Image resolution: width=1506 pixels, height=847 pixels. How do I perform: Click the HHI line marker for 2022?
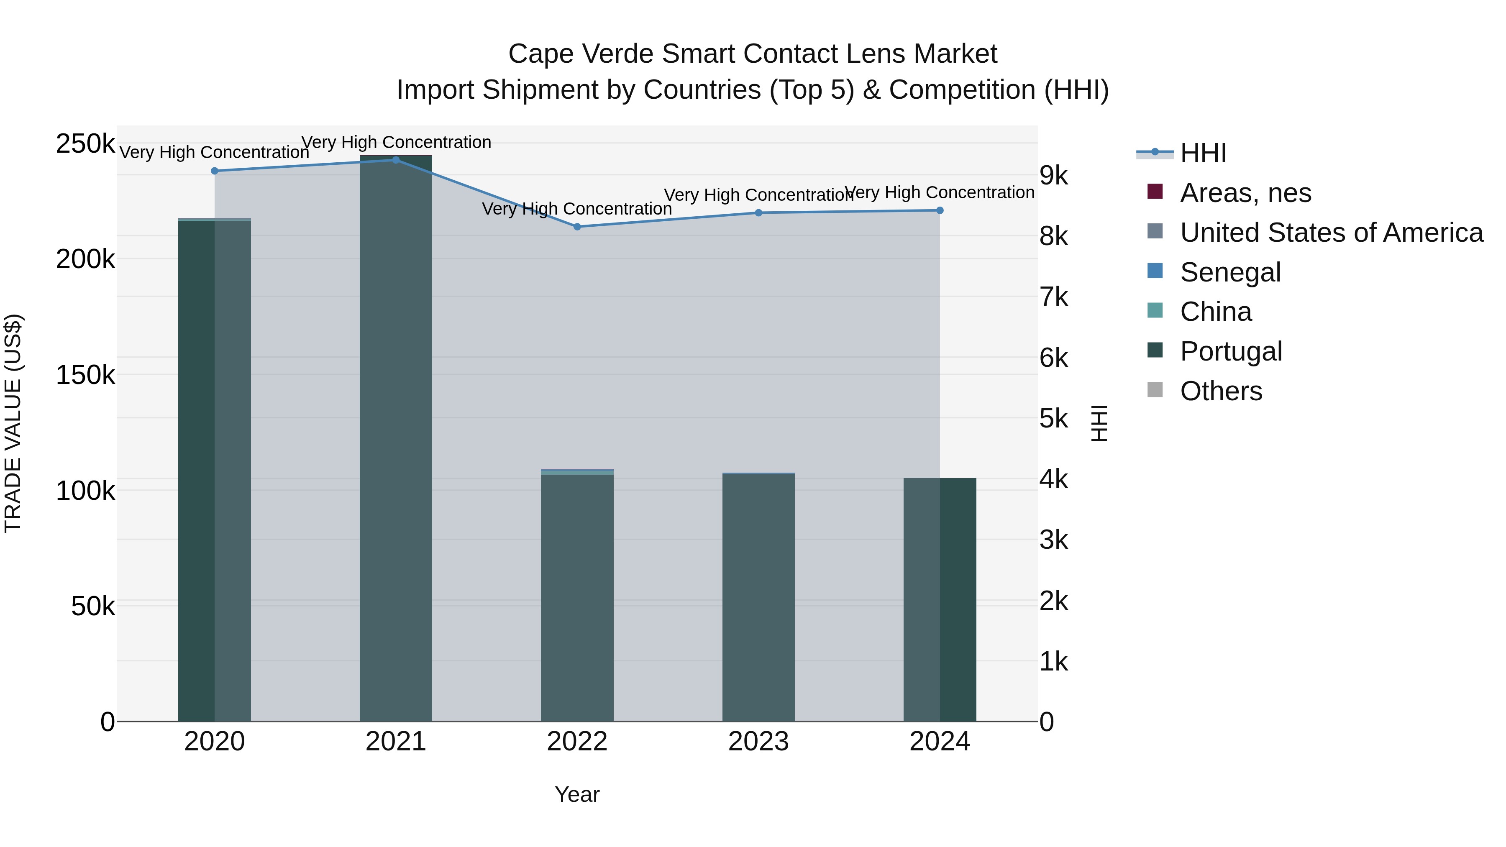coord(577,227)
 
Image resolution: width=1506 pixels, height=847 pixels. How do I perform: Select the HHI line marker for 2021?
coord(396,160)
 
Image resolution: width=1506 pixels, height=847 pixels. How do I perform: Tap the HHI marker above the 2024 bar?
coord(940,210)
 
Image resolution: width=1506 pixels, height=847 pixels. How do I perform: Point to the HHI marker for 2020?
coord(215,171)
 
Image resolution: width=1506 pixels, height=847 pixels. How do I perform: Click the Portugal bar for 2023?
coord(758,596)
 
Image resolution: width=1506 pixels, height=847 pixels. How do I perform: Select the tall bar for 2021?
coord(396,438)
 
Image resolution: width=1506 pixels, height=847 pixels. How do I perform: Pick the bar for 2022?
coord(577,596)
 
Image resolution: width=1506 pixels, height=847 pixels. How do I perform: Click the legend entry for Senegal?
coord(1230,272)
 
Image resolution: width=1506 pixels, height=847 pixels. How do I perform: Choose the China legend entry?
coord(1215,312)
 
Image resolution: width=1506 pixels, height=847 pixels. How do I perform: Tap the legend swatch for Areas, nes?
coord(1155,192)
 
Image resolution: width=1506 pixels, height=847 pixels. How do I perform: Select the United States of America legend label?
coord(1331,233)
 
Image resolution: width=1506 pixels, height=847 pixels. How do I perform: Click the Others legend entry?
coord(1221,391)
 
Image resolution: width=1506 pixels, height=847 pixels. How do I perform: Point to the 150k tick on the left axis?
coord(85,375)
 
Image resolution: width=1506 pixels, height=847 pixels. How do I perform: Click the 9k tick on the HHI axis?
coord(1053,175)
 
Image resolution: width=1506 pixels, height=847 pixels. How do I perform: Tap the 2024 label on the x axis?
coord(940,742)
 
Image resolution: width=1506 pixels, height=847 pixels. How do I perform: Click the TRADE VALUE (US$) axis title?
coord(13,423)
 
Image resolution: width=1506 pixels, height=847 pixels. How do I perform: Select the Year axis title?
coord(577,794)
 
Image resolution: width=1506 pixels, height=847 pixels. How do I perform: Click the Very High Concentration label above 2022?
coord(577,209)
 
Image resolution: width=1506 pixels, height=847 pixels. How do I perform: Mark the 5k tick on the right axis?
coord(1053,419)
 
